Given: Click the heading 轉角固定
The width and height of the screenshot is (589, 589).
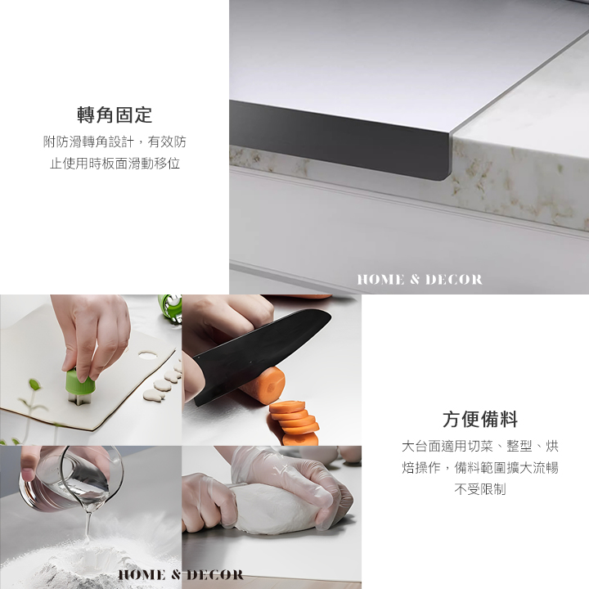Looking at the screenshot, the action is tap(115, 115).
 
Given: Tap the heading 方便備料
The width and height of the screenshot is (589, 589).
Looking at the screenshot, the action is tap(480, 419).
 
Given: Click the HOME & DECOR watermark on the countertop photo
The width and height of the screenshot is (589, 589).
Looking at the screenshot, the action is tap(420, 280).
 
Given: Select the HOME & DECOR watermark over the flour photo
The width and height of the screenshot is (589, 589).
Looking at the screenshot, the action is tap(181, 575).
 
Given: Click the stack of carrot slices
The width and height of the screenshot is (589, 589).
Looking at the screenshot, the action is tap(295, 422).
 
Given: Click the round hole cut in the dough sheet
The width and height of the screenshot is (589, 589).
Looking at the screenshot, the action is tap(147, 354).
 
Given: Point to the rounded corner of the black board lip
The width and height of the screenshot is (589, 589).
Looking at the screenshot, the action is tap(446, 176).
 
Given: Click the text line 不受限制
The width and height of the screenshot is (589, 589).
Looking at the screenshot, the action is tap(480, 489).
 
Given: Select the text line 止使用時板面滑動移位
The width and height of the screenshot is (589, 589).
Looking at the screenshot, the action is tap(115, 164).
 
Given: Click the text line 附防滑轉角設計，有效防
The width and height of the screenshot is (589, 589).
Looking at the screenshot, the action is tap(115, 142).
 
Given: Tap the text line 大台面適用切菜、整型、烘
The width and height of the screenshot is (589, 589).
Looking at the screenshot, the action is tap(480, 447).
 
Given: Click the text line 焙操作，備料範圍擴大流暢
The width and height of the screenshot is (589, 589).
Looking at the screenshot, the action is tap(480, 468).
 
